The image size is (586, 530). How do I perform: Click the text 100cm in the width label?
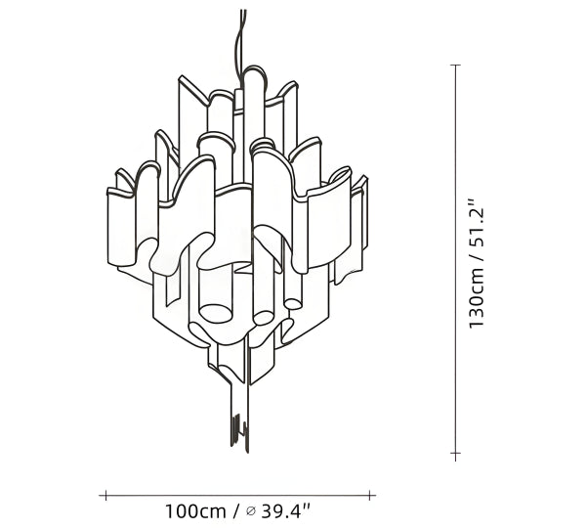(196, 511)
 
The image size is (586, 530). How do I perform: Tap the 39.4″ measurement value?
(285, 511)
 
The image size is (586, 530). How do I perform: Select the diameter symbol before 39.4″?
(251, 510)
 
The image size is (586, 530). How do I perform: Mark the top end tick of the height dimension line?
(455, 65)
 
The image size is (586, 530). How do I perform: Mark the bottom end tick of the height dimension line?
(455, 454)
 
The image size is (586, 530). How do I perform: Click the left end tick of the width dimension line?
(106, 496)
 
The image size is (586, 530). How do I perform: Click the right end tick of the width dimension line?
(369, 496)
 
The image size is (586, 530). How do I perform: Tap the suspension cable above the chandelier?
(239, 41)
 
